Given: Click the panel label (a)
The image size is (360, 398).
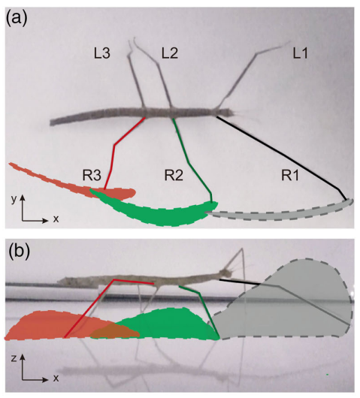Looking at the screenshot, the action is click(17, 19).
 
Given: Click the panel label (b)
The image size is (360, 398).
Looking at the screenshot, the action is click(20, 251).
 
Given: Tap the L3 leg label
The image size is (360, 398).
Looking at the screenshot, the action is click(102, 53).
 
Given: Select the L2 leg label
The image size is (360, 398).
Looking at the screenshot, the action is click(170, 53).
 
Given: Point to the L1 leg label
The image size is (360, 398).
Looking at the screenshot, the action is click(300, 53).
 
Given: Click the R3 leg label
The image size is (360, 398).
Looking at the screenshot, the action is click(92, 176).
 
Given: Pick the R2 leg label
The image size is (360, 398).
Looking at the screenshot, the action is click(174, 176).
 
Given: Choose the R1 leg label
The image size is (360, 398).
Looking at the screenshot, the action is click(290, 176).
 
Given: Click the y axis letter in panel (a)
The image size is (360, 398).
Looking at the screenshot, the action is click(14, 200).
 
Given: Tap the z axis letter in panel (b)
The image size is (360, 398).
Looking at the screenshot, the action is click(14, 358).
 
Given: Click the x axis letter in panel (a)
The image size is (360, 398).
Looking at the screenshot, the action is click(56, 219).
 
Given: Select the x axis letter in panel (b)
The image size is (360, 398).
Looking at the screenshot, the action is click(56, 378).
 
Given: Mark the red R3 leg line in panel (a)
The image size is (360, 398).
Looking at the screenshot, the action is click(114, 146).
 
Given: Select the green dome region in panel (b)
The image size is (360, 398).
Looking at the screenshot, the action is click(165, 325).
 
